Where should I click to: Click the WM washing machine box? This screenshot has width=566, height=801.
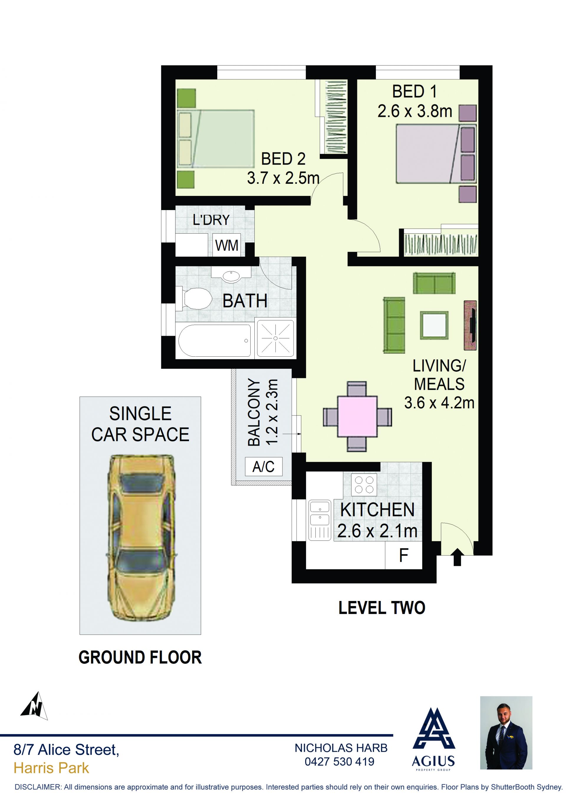[226, 245]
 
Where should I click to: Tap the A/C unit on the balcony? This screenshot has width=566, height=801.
[264, 466]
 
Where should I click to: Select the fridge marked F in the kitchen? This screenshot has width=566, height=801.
[404, 555]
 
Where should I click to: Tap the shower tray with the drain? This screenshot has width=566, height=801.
[275, 338]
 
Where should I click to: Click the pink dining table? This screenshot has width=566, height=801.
[357, 416]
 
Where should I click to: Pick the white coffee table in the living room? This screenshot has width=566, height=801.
[434, 325]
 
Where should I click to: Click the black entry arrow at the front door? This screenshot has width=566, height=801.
[457, 557]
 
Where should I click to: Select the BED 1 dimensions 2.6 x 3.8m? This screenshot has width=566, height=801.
[415, 111]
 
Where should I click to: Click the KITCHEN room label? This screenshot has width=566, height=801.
[377, 510]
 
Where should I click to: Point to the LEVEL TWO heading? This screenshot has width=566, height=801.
[382, 608]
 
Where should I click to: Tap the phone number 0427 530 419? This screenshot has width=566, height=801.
[340, 761]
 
